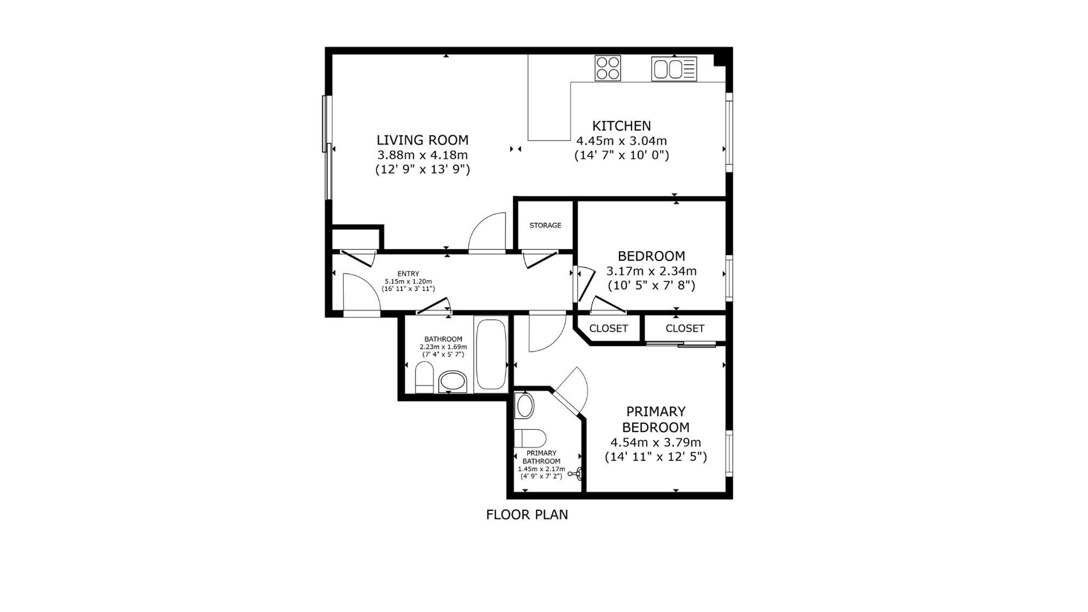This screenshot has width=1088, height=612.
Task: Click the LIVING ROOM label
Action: (x=422, y=140)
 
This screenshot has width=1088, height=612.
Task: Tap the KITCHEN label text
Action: (x=621, y=126)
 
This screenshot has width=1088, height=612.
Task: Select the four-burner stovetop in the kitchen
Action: (x=608, y=69)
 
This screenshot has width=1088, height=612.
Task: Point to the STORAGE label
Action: (x=545, y=225)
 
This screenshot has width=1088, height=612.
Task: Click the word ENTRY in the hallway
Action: (x=408, y=274)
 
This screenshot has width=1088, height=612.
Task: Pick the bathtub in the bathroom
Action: (x=491, y=354)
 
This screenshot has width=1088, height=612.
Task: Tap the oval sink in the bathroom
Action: (x=453, y=381)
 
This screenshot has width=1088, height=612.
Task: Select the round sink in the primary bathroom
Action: (x=525, y=406)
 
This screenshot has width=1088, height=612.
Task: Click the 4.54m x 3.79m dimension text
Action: (x=656, y=442)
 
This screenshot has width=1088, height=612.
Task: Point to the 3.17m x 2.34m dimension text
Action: (x=651, y=271)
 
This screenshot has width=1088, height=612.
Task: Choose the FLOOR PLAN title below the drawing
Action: (x=527, y=515)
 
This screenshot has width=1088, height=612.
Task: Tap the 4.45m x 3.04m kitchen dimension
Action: (x=621, y=141)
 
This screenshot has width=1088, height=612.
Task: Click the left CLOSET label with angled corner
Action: (x=608, y=329)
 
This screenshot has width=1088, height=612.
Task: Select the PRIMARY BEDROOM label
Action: (x=656, y=419)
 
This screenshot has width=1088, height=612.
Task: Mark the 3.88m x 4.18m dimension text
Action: (x=422, y=155)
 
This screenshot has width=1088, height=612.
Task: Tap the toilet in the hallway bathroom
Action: (x=424, y=378)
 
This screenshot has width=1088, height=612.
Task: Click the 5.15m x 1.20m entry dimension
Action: (x=408, y=281)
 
